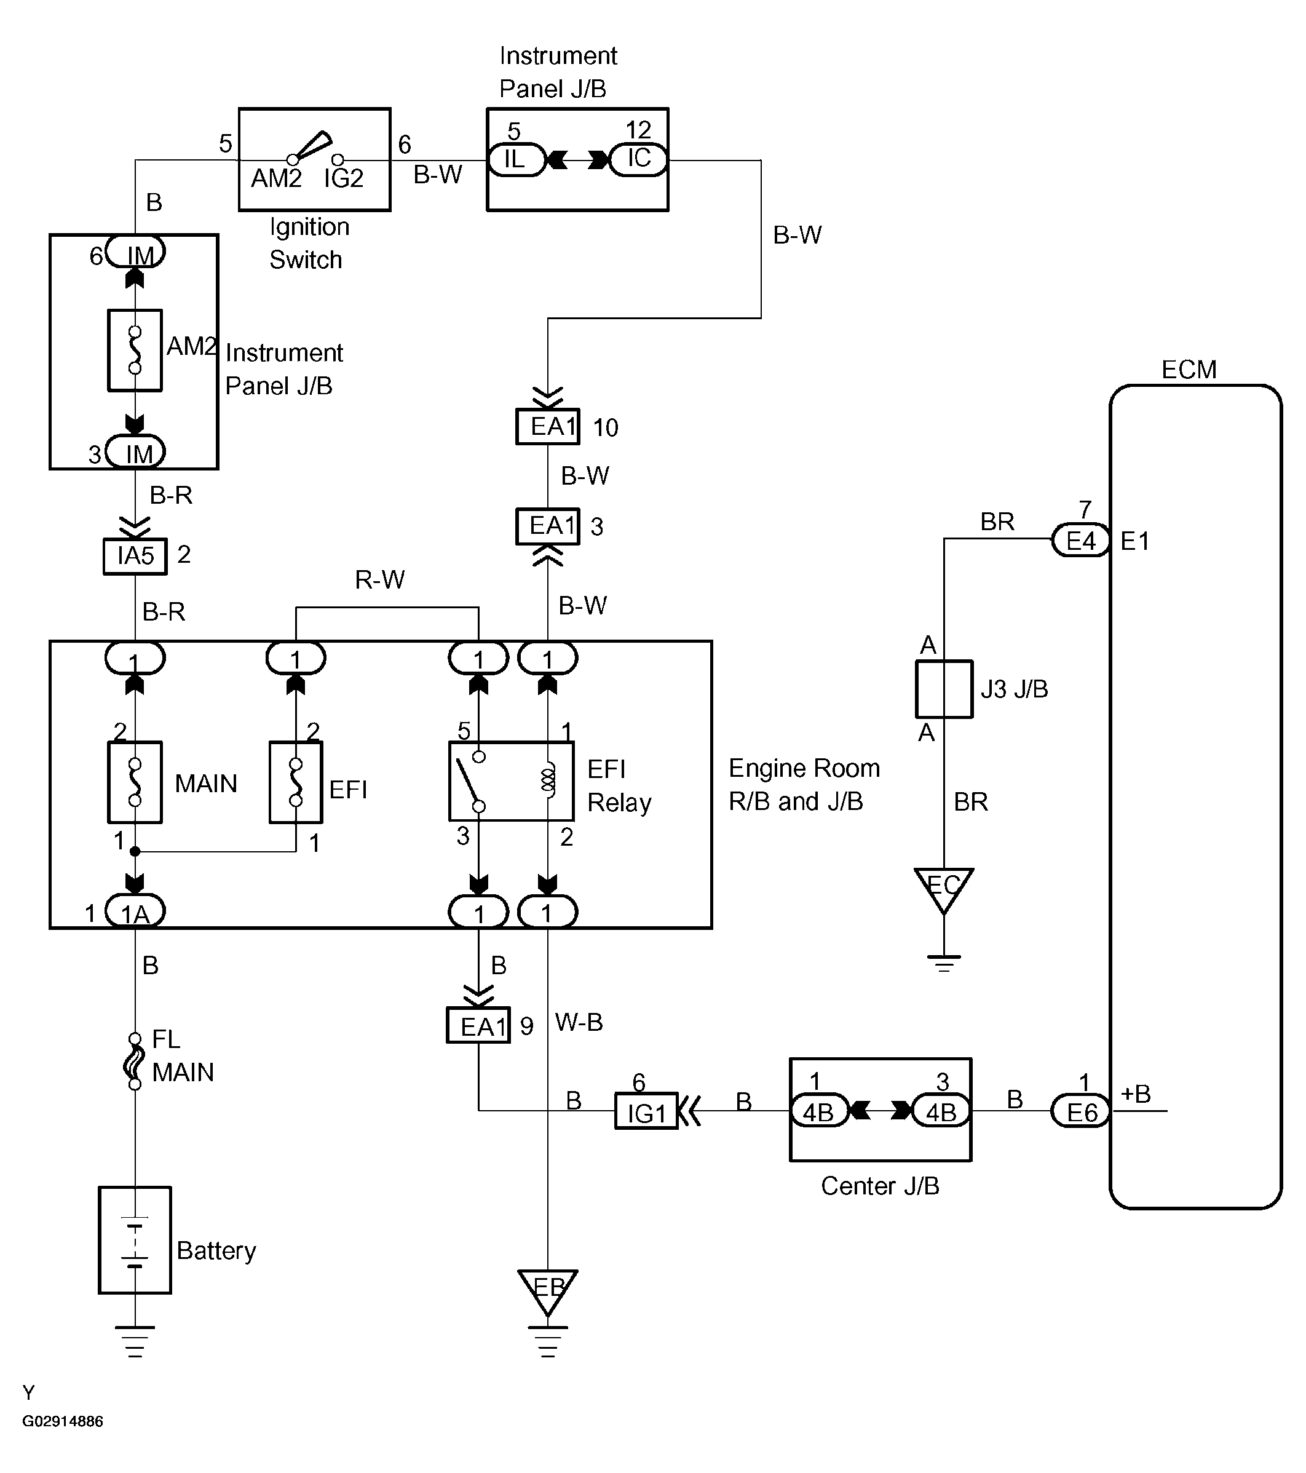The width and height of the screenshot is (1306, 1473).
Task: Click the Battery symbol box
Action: pyautogui.click(x=135, y=1241)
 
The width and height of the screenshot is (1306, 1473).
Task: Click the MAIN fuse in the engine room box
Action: pyautogui.click(x=135, y=782)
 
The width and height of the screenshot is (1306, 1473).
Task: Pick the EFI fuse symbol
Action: pyautogui.click(x=295, y=782)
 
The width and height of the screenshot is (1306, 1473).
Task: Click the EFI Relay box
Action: pyautogui.click(x=512, y=781)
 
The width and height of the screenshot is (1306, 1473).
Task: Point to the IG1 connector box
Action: pyautogui.click(x=646, y=1111)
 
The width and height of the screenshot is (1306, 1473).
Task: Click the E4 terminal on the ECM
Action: pyautogui.click(x=1080, y=540)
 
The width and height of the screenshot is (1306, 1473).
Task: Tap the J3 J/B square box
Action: pyautogui.click(x=944, y=689)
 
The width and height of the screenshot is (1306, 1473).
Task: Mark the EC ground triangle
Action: pyautogui.click(x=944, y=887)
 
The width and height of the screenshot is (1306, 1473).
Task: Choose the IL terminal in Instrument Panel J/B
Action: pyautogui.click(x=516, y=159)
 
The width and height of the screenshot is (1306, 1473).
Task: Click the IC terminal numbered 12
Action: pyautogui.click(x=638, y=159)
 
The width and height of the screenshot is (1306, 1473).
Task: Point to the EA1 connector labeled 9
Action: pyautogui.click(x=478, y=1025)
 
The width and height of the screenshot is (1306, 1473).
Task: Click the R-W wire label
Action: pyautogui.click(x=379, y=579)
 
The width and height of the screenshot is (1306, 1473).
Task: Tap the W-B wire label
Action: pyautogui.click(x=579, y=1022)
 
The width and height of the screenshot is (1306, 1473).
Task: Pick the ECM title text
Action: pyautogui.click(x=1189, y=370)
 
